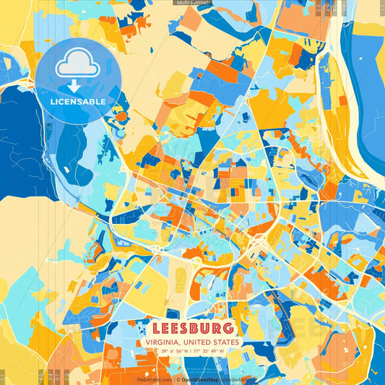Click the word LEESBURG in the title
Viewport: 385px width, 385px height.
coord(192,328)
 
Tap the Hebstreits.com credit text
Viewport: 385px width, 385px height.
coord(155,379)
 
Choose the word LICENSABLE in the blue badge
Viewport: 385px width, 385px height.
coord(77,101)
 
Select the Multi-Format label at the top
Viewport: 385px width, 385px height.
coord(192,3)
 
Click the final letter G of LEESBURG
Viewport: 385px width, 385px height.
coord(228,328)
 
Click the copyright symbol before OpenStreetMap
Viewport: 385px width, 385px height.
coord(178,379)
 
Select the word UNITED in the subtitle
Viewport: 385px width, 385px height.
coord(199,342)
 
